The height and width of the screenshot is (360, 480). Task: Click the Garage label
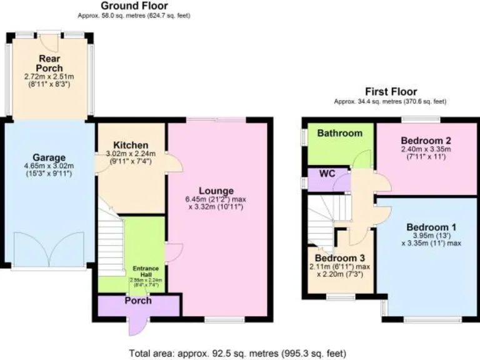click(x=48, y=157)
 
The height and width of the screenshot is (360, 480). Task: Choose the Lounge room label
click(x=216, y=191)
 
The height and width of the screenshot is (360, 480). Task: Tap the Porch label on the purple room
click(x=138, y=301)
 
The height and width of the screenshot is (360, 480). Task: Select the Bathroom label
click(x=339, y=133)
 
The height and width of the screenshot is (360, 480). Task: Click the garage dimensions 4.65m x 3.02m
click(x=49, y=166)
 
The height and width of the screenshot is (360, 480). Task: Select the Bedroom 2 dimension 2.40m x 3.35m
click(x=426, y=149)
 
